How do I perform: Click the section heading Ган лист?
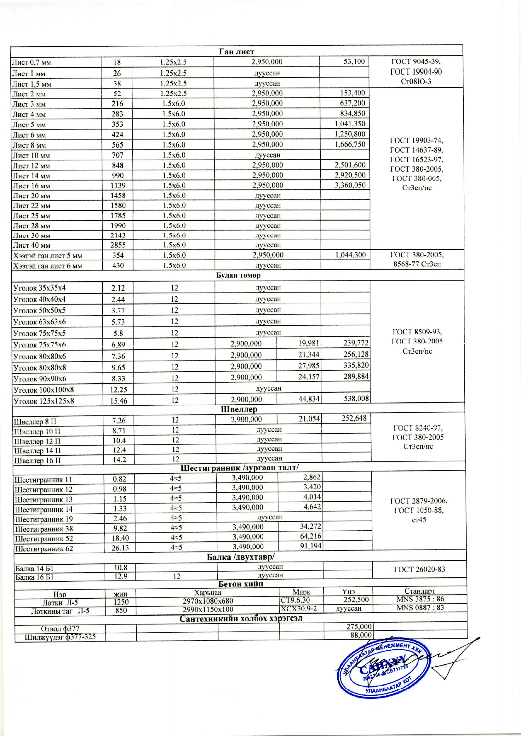[x=237, y=52]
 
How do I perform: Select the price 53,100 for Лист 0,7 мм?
[x=354, y=62]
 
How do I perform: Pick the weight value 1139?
[x=118, y=185]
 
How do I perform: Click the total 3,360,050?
[x=350, y=185]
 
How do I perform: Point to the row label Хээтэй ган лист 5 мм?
[x=48, y=256]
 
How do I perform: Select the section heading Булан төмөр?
[x=238, y=276]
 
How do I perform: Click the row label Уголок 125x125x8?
[x=44, y=401]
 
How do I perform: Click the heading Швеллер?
[x=239, y=409]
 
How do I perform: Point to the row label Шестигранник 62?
[x=44, y=549]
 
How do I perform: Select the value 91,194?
[x=311, y=546]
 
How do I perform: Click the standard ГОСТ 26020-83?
[x=419, y=570]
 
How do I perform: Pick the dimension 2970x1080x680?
[x=208, y=601]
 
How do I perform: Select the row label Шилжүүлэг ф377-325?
[x=60, y=637]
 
